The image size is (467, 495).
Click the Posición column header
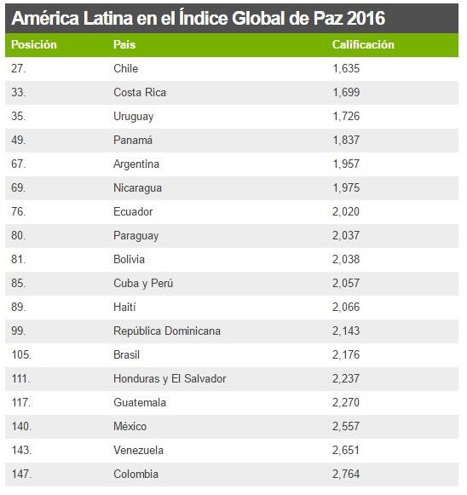pyautogui.click(x=34, y=44)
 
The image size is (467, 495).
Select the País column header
pyautogui.click(x=124, y=44)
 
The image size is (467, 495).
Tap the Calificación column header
pyautogui.click(x=363, y=44)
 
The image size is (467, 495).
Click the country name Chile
pyautogui.click(x=125, y=68)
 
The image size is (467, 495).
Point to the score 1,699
pyautogui.click(x=345, y=92)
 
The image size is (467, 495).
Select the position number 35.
pyautogui.click(x=20, y=116)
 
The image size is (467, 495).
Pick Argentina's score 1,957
pyautogui.click(x=345, y=164)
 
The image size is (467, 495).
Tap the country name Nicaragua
pyautogui.click(x=137, y=187)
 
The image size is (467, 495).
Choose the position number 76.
pyautogui.click(x=20, y=211)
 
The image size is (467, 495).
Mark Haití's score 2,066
pyautogui.click(x=345, y=307)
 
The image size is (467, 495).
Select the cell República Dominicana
pyautogui.click(x=166, y=331)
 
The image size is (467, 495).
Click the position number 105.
pyautogui.click(x=22, y=354)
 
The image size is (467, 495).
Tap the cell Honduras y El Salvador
pyautogui.click(x=170, y=378)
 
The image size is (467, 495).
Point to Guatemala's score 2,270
pyautogui.click(x=345, y=402)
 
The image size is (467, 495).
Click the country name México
pyautogui.click(x=130, y=426)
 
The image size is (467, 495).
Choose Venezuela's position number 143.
pyautogui.click(x=22, y=450)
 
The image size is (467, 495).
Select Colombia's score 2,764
pyautogui.click(x=345, y=474)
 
